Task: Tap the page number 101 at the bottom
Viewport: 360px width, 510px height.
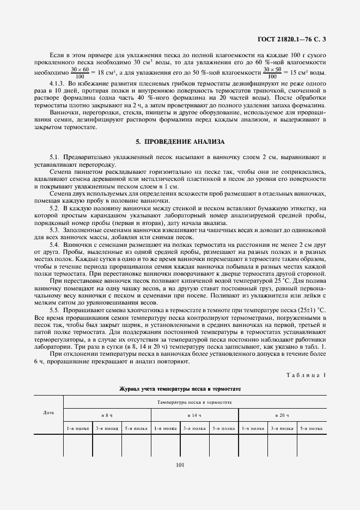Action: coord(180,465)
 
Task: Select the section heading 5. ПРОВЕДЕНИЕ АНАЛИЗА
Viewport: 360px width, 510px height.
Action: coord(180,142)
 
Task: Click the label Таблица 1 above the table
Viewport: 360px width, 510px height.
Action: coord(308,376)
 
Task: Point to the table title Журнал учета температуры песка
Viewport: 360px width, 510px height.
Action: coord(180,389)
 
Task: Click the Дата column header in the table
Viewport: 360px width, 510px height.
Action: coord(48,412)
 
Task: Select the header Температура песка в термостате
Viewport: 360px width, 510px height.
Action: coord(194,402)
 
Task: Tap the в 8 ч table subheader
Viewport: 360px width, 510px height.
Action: coord(107,415)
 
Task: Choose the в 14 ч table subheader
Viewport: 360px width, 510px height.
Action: coord(194,415)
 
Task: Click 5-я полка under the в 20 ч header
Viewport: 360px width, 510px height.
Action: coord(312,428)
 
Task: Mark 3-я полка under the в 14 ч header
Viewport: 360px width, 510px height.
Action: coord(194,428)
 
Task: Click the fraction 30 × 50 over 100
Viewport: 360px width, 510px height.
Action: coord(272,72)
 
